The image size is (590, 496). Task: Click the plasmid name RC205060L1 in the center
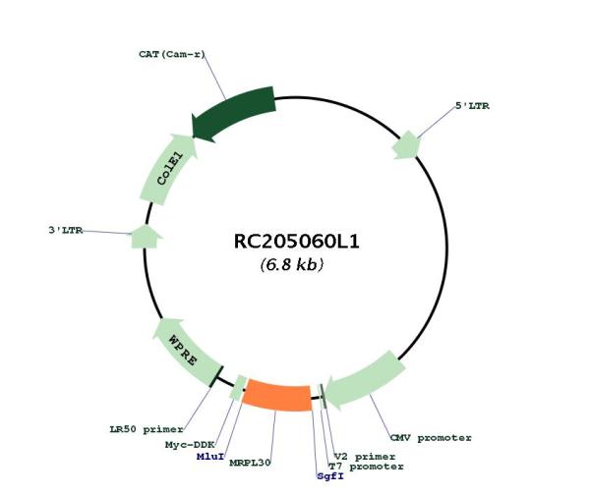coord(297,242)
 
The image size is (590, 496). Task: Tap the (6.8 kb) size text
coord(292,264)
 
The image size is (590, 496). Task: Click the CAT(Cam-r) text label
coord(172,54)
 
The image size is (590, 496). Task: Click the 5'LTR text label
coord(473,106)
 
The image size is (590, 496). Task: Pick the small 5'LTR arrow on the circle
coord(405,145)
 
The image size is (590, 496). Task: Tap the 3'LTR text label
coord(66,230)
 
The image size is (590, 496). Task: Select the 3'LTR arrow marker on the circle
coord(146,237)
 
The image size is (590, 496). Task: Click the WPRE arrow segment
coord(185,353)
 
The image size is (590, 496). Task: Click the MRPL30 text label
coord(250,463)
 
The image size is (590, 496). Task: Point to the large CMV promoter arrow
coord(364,380)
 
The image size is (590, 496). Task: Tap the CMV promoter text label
coord(431,438)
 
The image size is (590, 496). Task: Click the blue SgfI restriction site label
coord(330,476)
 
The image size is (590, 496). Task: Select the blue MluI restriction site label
coord(210,457)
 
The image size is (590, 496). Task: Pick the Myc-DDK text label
coord(190,445)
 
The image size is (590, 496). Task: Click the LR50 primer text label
coord(147,429)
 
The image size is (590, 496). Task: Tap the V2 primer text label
coord(365,457)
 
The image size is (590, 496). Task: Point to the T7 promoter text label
coord(366,467)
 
